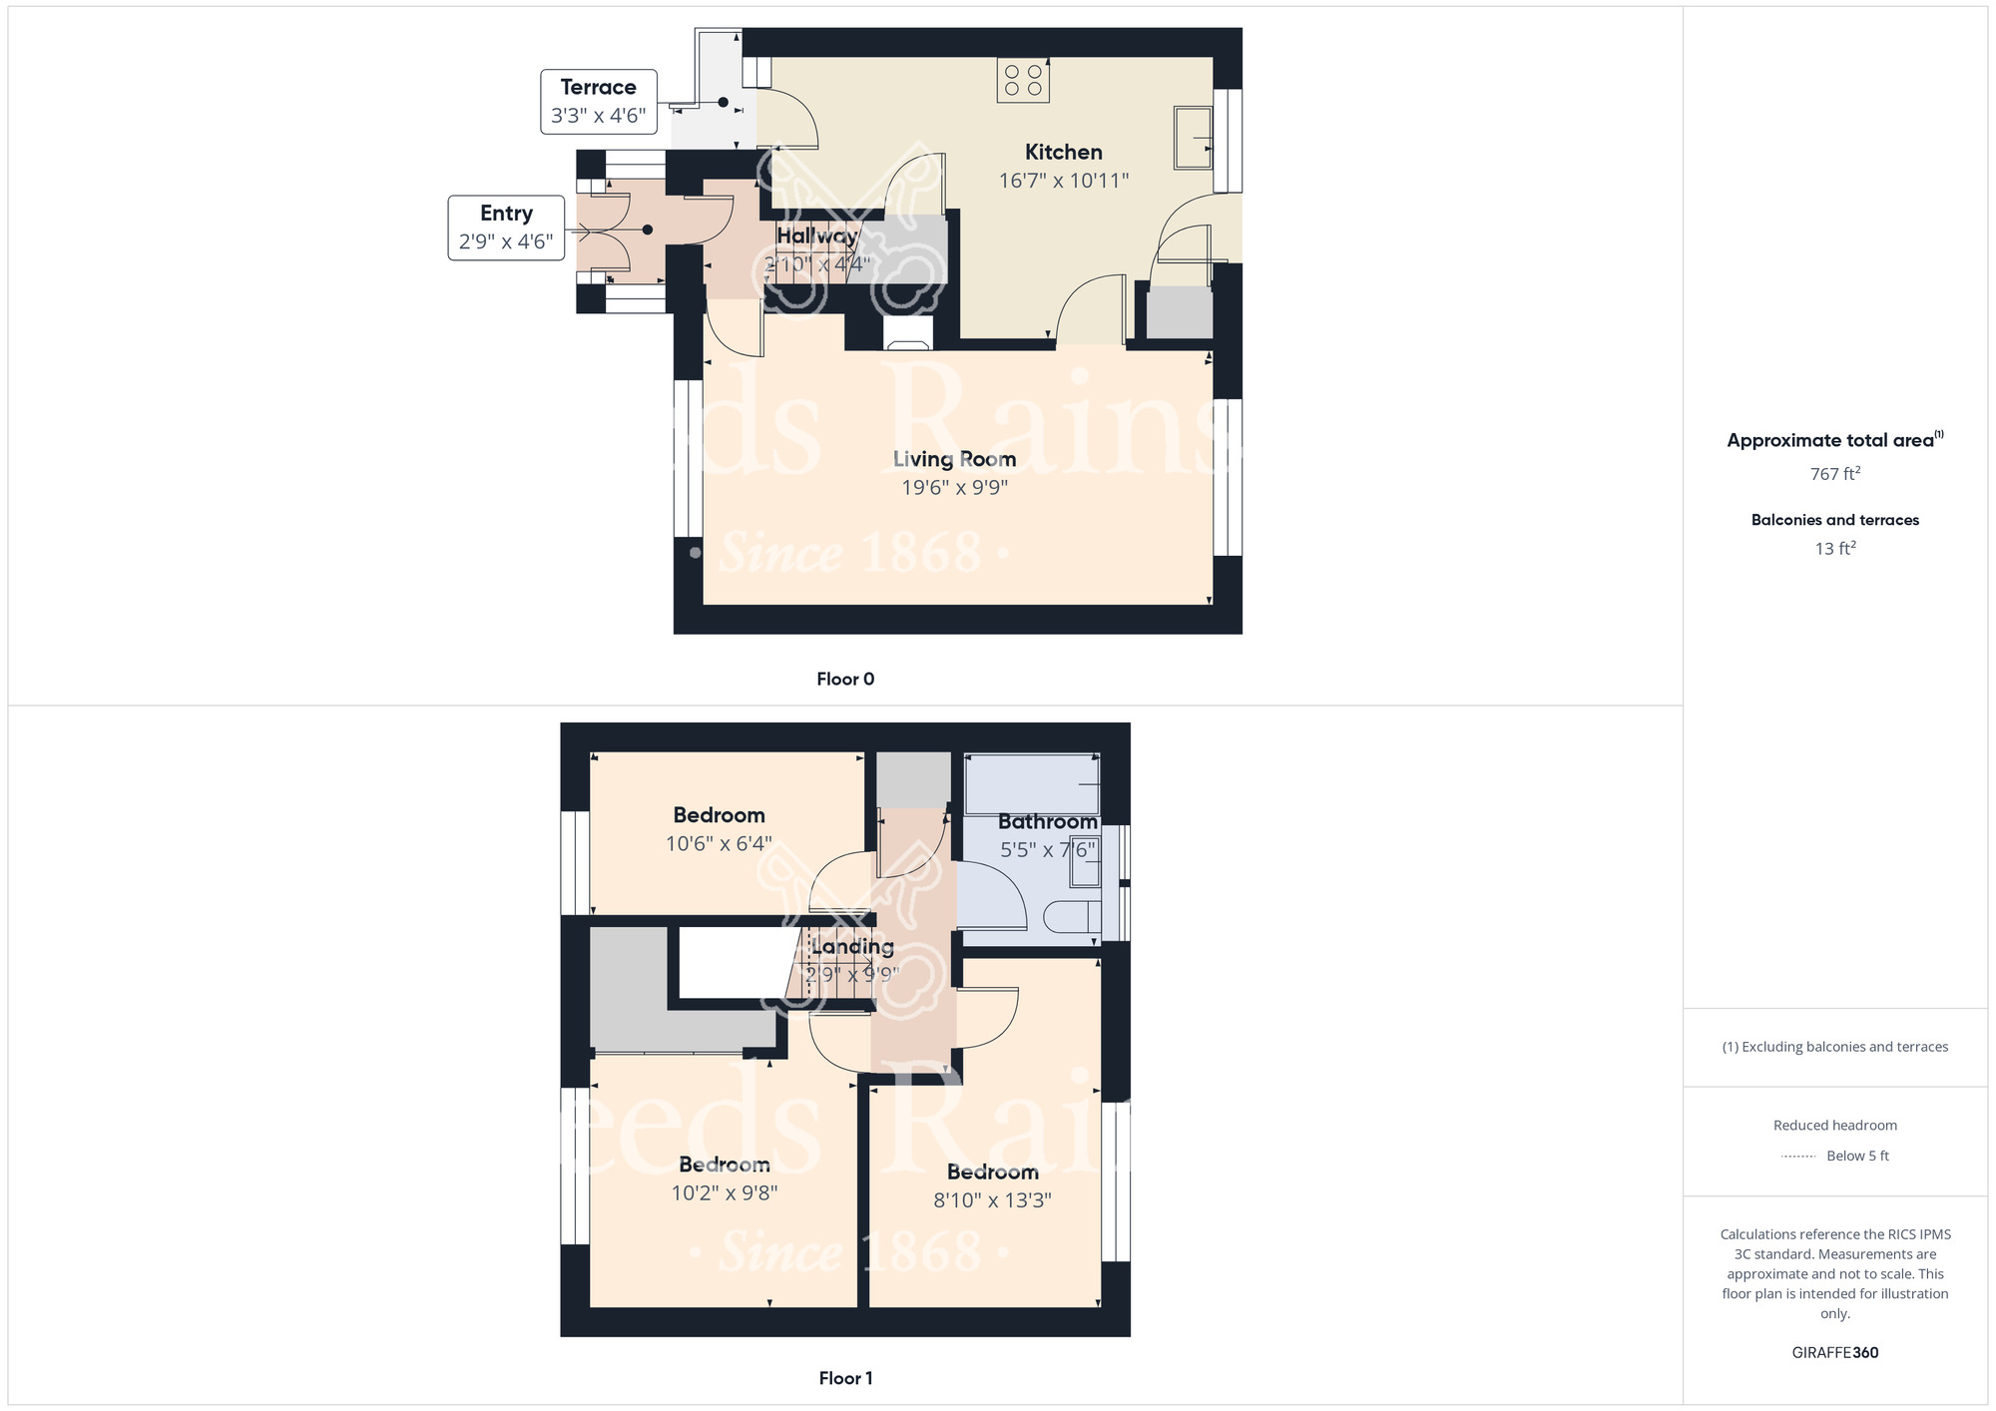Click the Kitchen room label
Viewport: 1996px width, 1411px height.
pos(1063,152)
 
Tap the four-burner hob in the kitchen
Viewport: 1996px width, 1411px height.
pos(1023,81)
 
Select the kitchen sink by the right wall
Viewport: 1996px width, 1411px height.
pos(1194,138)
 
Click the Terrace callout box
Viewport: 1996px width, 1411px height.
pos(599,101)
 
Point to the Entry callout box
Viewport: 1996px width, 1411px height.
pos(506,228)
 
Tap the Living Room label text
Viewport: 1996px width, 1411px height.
pos(954,459)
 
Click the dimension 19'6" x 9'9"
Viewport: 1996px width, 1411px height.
pos(954,488)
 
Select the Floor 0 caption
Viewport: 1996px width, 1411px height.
pos(845,680)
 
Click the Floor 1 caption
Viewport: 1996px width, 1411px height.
pos(845,1378)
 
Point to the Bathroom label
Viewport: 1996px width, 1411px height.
pos(1047,821)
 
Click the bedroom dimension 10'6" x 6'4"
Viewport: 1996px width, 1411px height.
pos(719,844)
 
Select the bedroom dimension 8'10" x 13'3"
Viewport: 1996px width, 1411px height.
pos(992,1200)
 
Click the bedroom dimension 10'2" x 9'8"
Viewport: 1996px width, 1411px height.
pos(724,1192)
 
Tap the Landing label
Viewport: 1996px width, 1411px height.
pos(852,946)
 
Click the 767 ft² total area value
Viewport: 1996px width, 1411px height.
pos(1834,474)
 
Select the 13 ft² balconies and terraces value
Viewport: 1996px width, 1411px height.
pos(1834,549)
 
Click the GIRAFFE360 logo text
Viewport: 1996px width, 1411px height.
pos(1834,1353)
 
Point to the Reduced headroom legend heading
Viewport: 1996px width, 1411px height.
pos(1834,1126)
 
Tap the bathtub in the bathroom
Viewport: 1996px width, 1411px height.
pos(1032,784)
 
